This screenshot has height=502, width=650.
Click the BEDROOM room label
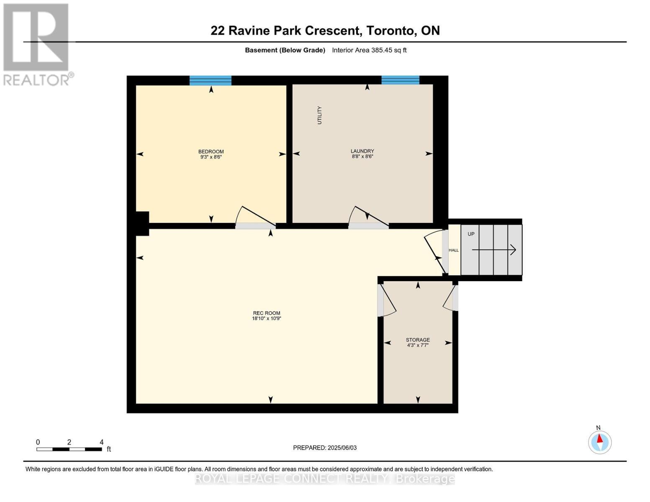pyautogui.click(x=211, y=151)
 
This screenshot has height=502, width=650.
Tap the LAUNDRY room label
pyautogui.click(x=362, y=151)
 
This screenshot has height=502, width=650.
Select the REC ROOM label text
pyautogui.click(x=266, y=313)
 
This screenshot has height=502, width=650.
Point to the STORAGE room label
pyautogui.click(x=417, y=340)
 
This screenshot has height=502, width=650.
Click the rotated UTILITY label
pyautogui.click(x=320, y=115)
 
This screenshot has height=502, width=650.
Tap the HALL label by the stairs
pyautogui.click(x=454, y=250)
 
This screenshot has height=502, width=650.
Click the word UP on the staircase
pyautogui.click(x=471, y=234)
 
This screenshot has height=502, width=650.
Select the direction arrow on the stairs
pyautogui.click(x=494, y=250)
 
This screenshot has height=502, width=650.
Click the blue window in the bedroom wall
pyautogui.click(x=210, y=80)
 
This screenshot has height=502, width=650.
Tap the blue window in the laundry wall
pyautogui.click(x=400, y=80)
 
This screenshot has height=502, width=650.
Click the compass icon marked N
pyautogui.click(x=599, y=442)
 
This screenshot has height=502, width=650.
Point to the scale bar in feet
pyautogui.click(x=69, y=449)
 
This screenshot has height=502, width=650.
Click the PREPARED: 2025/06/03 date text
pyautogui.click(x=325, y=448)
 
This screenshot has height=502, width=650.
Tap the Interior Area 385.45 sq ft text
pyautogui.click(x=369, y=50)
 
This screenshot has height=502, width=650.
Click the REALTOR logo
pyautogui.click(x=37, y=44)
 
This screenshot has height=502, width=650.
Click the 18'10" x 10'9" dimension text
pyautogui.click(x=266, y=318)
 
